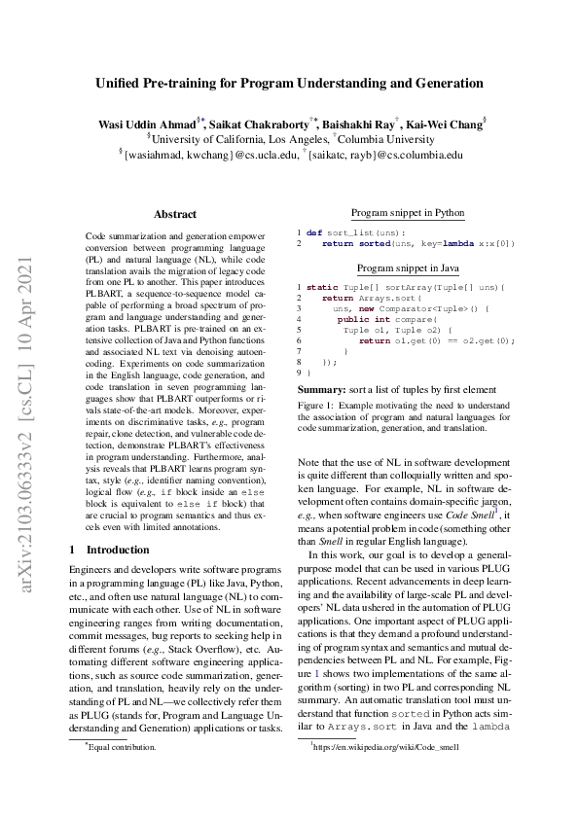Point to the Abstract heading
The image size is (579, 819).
tap(175, 214)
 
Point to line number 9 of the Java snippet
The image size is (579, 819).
tap(299, 373)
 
